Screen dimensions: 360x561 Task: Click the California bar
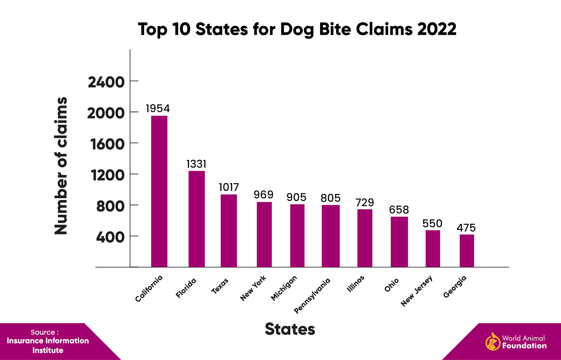pyautogui.click(x=159, y=191)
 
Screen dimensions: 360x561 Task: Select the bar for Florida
pyautogui.click(x=196, y=219)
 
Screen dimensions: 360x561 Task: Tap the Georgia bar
pyautogui.click(x=467, y=251)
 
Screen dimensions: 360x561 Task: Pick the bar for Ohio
pyautogui.click(x=399, y=242)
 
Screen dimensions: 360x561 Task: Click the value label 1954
pyautogui.click(x=158, y=108)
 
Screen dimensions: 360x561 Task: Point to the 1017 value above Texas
pyautogui.click(x=229, y=187)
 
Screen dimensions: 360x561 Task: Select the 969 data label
pyautogui.click(x=263, y=195)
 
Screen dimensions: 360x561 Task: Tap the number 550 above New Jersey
pyautogui.click(x=432, y=224)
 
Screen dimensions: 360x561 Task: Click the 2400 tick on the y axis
pyautogui.click(x=106, y=82)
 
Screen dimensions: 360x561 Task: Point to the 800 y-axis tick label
pyautogui.click(x=110, y=206)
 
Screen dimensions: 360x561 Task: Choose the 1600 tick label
pyautogui.click(x=107, y=144)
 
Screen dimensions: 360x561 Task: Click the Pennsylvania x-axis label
pyautogui.click(x=312, y=295)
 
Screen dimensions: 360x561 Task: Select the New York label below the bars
pyautogui.click(x=253, y=288)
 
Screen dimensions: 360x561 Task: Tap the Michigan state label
pyautogui.click(x=284, y=288)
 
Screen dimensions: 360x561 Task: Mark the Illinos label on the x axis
pyautogui.click(x=356, y=284)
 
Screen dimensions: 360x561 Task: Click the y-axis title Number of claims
pyautogui.click(x=61, y=166)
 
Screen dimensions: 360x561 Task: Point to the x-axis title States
pyautogui.click(x=290, y=329)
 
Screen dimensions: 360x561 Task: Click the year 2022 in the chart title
pyautogui.click(x=437, y=29)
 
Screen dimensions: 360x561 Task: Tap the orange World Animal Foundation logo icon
pyautogui.click(x=493, y=342)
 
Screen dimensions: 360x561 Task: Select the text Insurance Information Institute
pyautogui.click(x=48, y=345)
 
